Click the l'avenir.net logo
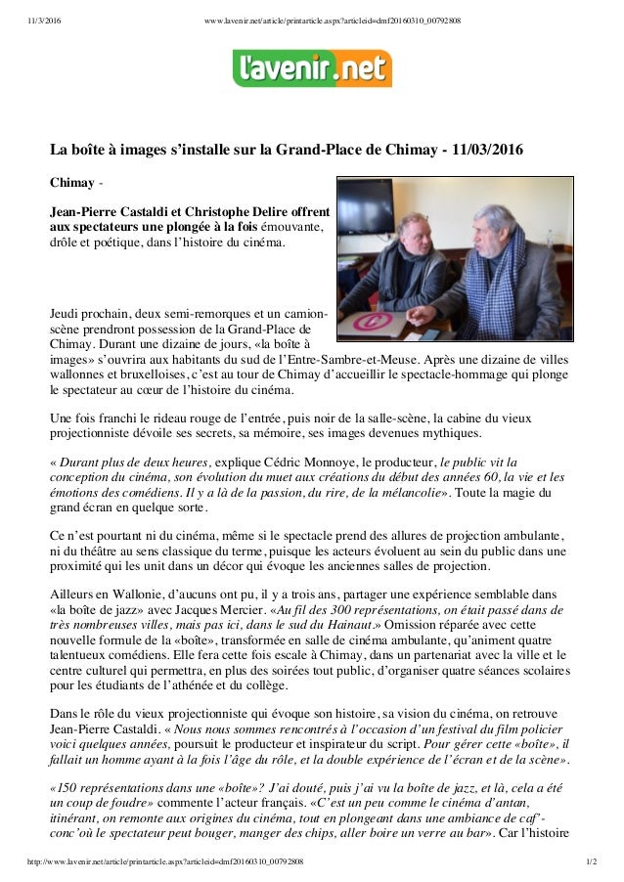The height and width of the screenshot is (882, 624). [312, 69]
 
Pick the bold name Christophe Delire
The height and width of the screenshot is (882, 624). [278, 210]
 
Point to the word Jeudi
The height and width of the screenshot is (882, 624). [68, 313]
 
